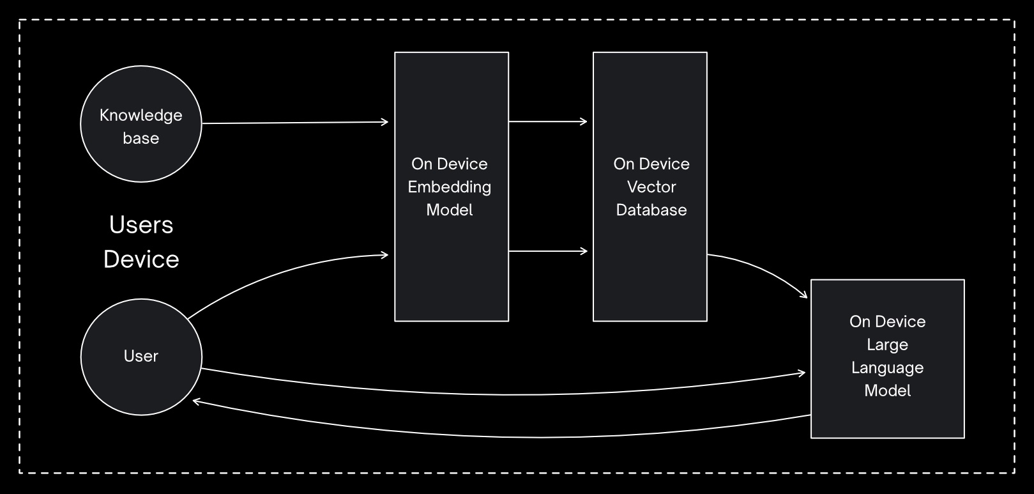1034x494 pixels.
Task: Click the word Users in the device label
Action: [141, 225]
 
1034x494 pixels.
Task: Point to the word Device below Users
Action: [141, 259]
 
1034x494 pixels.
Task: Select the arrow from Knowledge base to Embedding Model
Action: [294, 123]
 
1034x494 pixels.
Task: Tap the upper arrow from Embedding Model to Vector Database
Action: [547, 121]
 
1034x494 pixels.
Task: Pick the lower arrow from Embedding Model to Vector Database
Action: [547, 251]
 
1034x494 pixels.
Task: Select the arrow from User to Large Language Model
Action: [505, 394]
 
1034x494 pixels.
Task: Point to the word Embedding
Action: [450, 187]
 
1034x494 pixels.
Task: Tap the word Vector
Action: [651, 187]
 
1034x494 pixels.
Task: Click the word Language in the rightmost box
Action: [887, 368]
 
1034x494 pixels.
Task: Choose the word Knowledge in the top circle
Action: [141, 116]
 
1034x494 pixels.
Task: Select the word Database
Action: [651, 210]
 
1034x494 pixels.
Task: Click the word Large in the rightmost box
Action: [887, 345]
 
